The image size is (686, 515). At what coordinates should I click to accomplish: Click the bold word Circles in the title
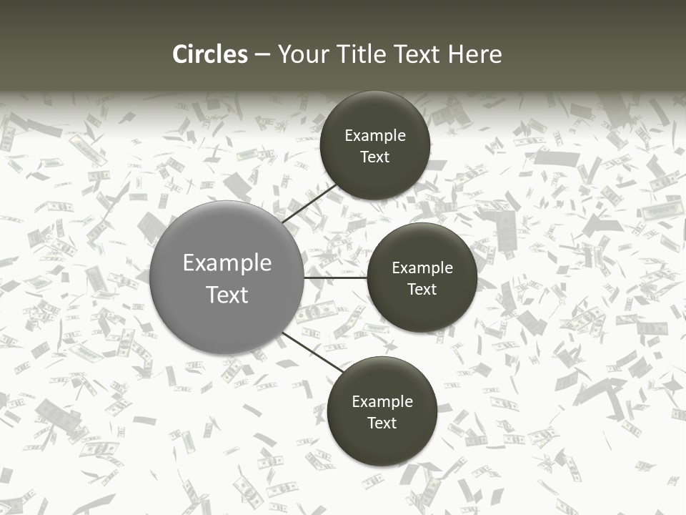210,54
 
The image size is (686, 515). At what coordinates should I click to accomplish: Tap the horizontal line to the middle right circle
335,278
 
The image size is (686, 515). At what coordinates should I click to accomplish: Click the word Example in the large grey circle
227,263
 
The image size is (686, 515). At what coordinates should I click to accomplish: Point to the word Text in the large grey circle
227,295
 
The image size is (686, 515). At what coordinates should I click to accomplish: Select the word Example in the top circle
375,136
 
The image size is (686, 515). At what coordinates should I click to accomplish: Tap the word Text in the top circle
375,157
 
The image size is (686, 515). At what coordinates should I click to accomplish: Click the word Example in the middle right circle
422,268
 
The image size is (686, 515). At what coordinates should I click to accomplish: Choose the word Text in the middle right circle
422,290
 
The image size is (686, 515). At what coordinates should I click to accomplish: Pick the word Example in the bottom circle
382,402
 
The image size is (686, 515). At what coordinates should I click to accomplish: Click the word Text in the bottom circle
382,423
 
